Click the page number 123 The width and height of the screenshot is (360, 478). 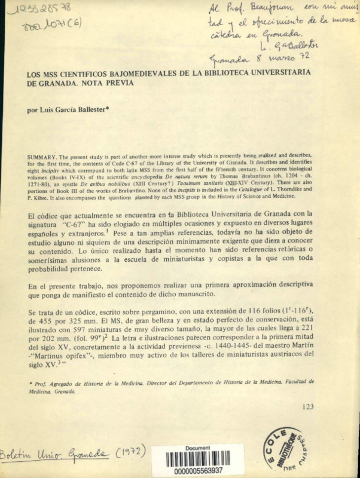(x=308, y=407)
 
